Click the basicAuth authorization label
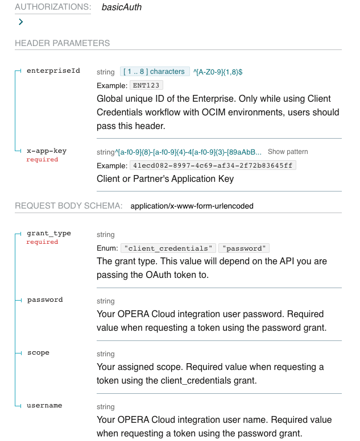pyautogui.click(x=122, y=7)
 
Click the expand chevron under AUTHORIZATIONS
pyautogui.click(x=21, y=22)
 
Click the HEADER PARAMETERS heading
pyautogui.click(x=62, y=43)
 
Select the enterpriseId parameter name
pyautogui.click(x=53, y=71)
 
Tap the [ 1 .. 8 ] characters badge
pyautogui.click(x=155, y=72)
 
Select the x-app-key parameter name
pyautogui.click(x=47, y=151)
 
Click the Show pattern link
pyautogui.click(x=288, y=152)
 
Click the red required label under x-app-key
pyautogui.click(x=42, y=160)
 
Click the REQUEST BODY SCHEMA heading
pyautogui.click(x=68, y=206)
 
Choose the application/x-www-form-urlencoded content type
pyautogui.click(x=192, y=206)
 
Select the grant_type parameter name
pyautogui.click(x=49, y=234)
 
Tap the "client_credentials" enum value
pyautogui.click(x=169, y=248)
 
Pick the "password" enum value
pyautogui.click(x=245, y=248)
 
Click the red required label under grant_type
pyautogui.click(x=42, y=242)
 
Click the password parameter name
pyautogui.click(x=45, y=299)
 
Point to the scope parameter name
pyautogui.click(x=38, y=352)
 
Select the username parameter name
pyautogui.click(x=44, y=405)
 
